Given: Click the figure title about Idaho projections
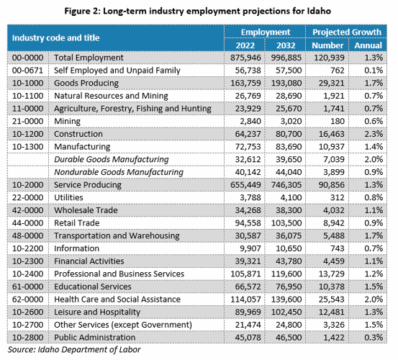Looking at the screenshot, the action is point(197,12).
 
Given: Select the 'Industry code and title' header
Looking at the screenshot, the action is point(56,38).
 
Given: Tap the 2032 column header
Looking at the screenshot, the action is point(286,45).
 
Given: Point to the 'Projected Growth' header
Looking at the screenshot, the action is point(347,32).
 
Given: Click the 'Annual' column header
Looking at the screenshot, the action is point(368,45).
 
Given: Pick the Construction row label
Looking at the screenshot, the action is point(78,134).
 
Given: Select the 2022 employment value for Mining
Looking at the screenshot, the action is point(250,121).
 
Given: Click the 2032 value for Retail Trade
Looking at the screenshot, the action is point(286,223).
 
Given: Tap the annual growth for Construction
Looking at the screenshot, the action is point(374,134).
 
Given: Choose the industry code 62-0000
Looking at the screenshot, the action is point(27,299).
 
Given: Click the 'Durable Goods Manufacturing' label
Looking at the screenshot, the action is point(112,159).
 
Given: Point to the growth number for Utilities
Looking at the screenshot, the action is point(338,197).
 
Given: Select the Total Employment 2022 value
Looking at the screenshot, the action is point(245,58).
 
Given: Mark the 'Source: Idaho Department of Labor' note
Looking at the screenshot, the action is point(74,350).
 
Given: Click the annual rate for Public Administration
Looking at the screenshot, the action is point(374,338).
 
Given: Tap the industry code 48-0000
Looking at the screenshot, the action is point(27,235).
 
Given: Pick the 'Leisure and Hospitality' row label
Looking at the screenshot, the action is point(97,312).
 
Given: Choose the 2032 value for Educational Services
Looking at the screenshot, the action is point(289,287).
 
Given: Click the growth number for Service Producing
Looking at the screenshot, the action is point(332,184).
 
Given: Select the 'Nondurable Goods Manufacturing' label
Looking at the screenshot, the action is point(119,172).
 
